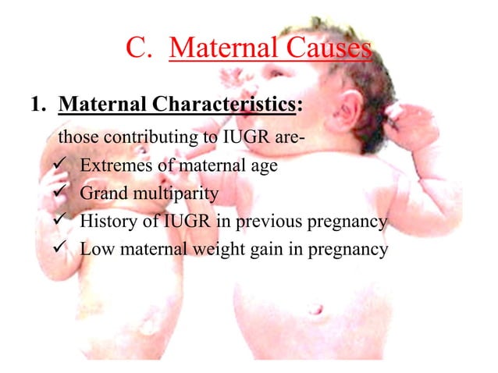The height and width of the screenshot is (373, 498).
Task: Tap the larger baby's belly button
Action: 316,309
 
